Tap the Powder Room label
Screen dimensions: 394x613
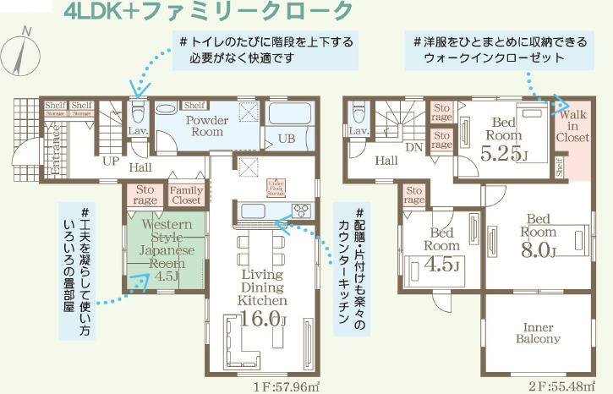pos(207,126)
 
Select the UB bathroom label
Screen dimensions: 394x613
pos(287,139)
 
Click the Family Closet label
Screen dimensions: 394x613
pos(186,195)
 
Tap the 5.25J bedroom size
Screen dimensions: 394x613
pos(505,155)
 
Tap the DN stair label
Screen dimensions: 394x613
pos(414,146)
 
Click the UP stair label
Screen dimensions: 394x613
pos(110,160)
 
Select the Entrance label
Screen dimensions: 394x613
pos(33,150)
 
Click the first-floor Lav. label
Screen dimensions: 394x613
pos(138,132)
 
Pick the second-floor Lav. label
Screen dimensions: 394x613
pos(358,132)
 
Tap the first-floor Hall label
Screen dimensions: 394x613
pos(141,167)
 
